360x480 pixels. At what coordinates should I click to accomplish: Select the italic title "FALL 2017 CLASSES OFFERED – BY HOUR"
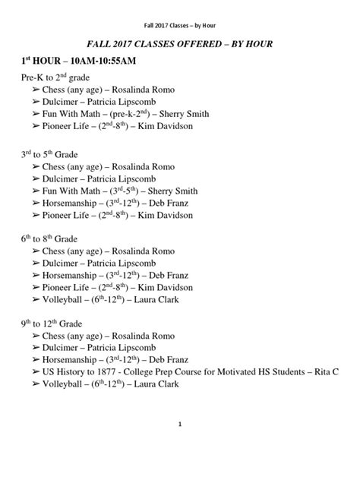(179, 46)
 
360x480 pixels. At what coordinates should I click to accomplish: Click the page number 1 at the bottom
(179, 423)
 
